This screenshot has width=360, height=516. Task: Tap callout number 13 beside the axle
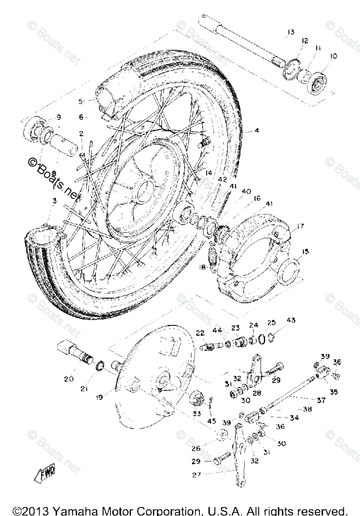tap(291, 32)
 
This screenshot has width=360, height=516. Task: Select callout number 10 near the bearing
tap(334, 56)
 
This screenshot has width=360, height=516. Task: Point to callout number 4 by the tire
tap(257, 131)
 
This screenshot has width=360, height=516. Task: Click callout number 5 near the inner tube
tap(81, 102)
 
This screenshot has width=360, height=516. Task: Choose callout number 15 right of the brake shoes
tap(305, 252)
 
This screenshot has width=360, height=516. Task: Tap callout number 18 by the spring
tap(203, 267)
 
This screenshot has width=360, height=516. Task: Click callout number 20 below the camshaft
tap(68, 379)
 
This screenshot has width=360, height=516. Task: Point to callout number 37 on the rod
tap(321, 401)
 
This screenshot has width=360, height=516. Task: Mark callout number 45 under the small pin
tap(212, 421)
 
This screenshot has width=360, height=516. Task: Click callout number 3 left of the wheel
tap(54, 201)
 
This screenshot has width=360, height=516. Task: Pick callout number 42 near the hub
tap(210, 179)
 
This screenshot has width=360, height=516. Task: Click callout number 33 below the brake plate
tap(197, 414)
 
